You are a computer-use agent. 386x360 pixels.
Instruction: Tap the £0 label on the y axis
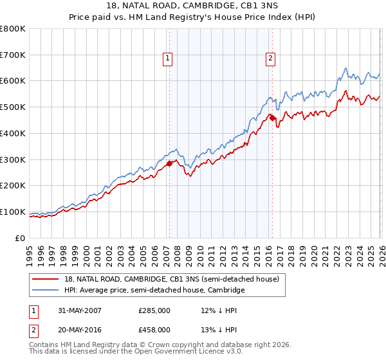(21, 238)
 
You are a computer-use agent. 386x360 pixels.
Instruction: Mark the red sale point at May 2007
(170, 163)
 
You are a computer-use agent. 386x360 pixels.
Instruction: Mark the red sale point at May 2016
(272, 118)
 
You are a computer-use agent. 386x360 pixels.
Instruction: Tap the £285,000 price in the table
(154, 310)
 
